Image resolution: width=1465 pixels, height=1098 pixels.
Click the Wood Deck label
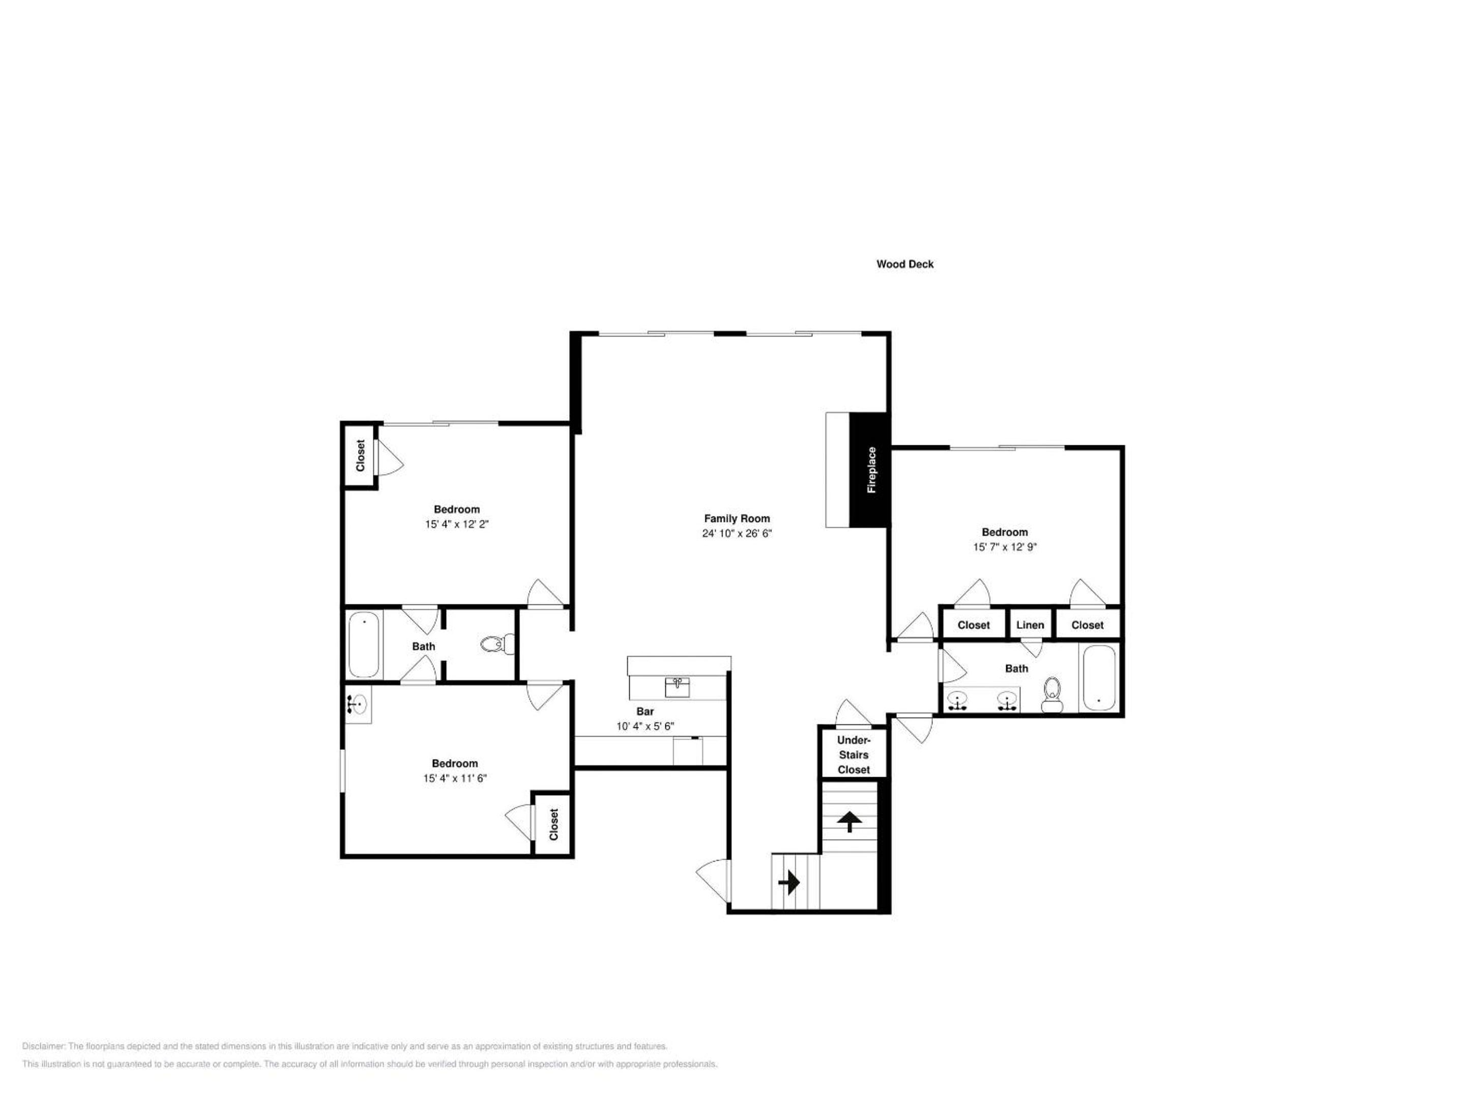click(x=905, y=264)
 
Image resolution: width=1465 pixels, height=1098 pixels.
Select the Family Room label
click(x=737, y=519)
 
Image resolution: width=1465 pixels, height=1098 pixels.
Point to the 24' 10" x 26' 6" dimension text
click(x=737, y=533)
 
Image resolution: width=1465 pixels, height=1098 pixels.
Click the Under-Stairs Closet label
click(x=854, y=754)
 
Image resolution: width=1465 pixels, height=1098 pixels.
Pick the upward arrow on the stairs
click(x=849, y=822)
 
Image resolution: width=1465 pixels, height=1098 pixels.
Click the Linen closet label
click(x=1030, y=625)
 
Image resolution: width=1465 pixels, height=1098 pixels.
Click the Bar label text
click(x=645, y=712)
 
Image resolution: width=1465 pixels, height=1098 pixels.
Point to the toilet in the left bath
click(x=498, y=644)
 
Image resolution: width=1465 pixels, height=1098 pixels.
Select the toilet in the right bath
click(x=1052, y=694)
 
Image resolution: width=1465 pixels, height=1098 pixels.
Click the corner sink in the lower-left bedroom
click(x=358, y=704)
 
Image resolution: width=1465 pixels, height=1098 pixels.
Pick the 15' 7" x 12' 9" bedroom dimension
click(x=1005, y=546)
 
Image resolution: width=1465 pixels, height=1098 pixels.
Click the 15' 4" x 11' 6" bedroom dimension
click(x=455, y=778)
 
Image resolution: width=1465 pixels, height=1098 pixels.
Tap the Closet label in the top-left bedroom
click(x=360, y=456)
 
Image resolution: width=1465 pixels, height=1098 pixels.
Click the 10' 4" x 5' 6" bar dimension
click(x=645, y=726)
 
